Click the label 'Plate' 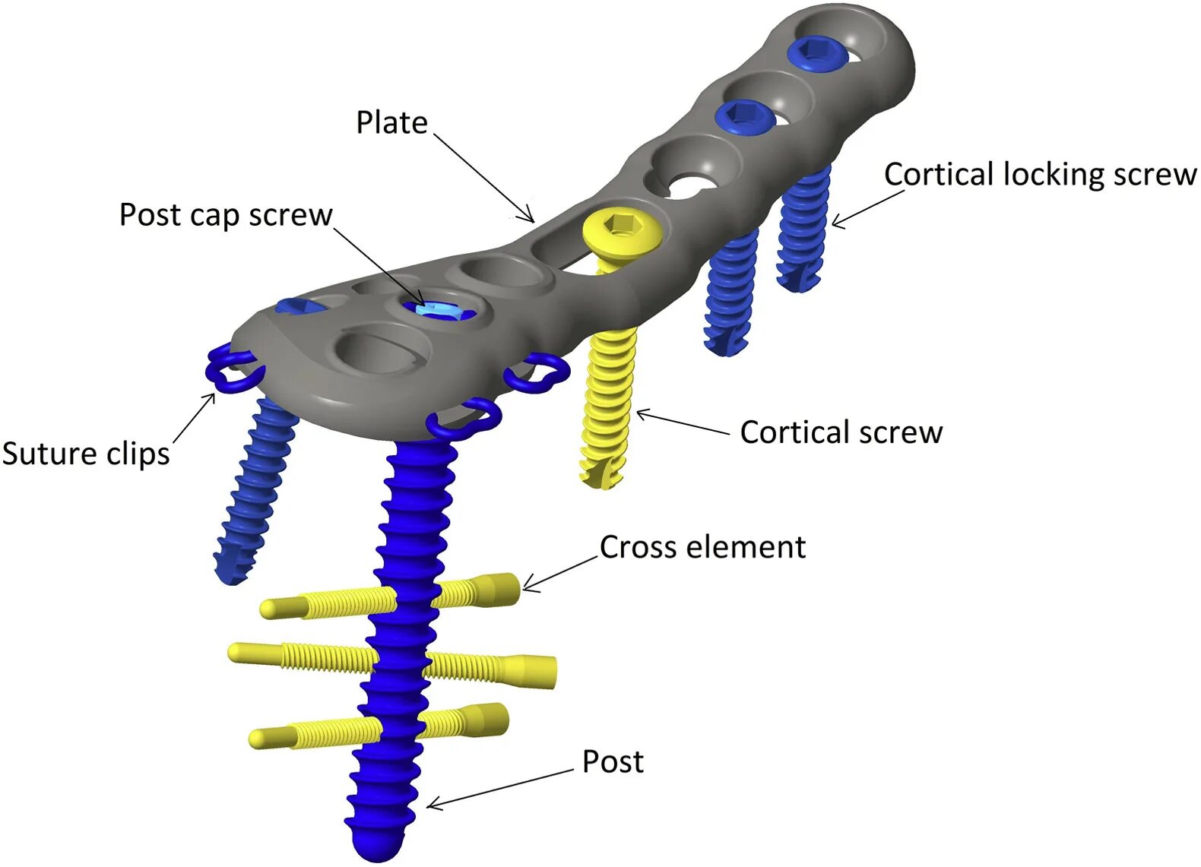click(391, 123)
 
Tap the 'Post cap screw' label click(226, 215)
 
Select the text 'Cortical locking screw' click(1040, 175)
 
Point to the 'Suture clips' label click(86, 454)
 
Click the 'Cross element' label click(702, 547)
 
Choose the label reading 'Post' click(613, 761)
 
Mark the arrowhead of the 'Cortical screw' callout click(641, 414)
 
